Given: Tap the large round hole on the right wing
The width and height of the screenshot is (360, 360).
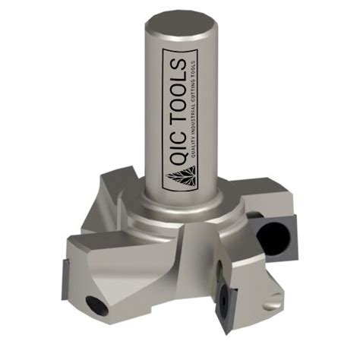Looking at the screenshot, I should [x=272, y=238].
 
